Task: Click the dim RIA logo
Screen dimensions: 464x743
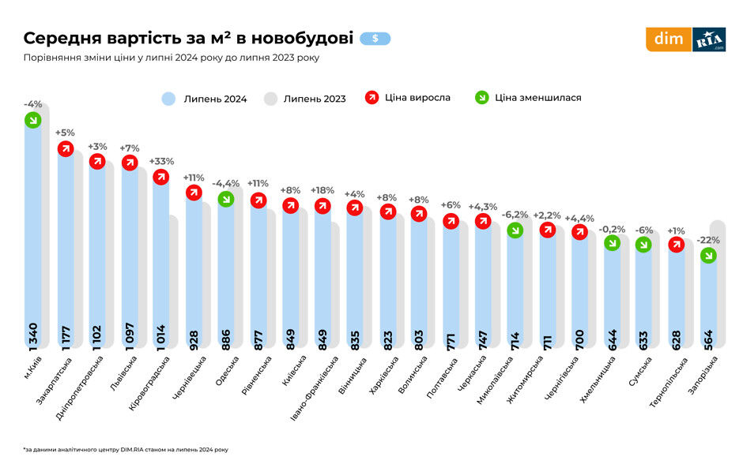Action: pyautogui.click(x=685, y=39)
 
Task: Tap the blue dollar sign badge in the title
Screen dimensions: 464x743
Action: pyautogui.click(x=375, y=38)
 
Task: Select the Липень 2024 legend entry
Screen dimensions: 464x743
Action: pyautogui.click(x=205, y=99)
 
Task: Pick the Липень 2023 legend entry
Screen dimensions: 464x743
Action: pyautogui.click(x=304, y=99)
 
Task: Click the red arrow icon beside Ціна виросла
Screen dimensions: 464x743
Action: pyautogui.click(x=372, y=98)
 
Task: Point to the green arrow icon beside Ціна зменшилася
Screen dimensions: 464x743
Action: pyautogui.click(x=481, y=98)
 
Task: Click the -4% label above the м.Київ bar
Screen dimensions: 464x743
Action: pyautogui.click(x=32, y=104)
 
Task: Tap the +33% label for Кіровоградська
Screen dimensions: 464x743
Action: pyautogui.click(x=161, y=162)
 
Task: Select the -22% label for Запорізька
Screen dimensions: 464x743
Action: pyautogui.click(x=708, y=240)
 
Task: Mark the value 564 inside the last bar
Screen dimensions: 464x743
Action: pyautogui.click(x=708, y=337)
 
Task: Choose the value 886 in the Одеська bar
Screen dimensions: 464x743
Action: pyautogui.click(x=226, y=337)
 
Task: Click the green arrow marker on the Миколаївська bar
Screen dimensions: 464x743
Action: pyautogui.click(x=515, y=230)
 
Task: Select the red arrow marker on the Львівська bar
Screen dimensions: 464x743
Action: pyautogui.click(x=130, y=163)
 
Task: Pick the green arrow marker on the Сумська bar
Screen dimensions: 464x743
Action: pyautogui.click(x=644, y=245)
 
